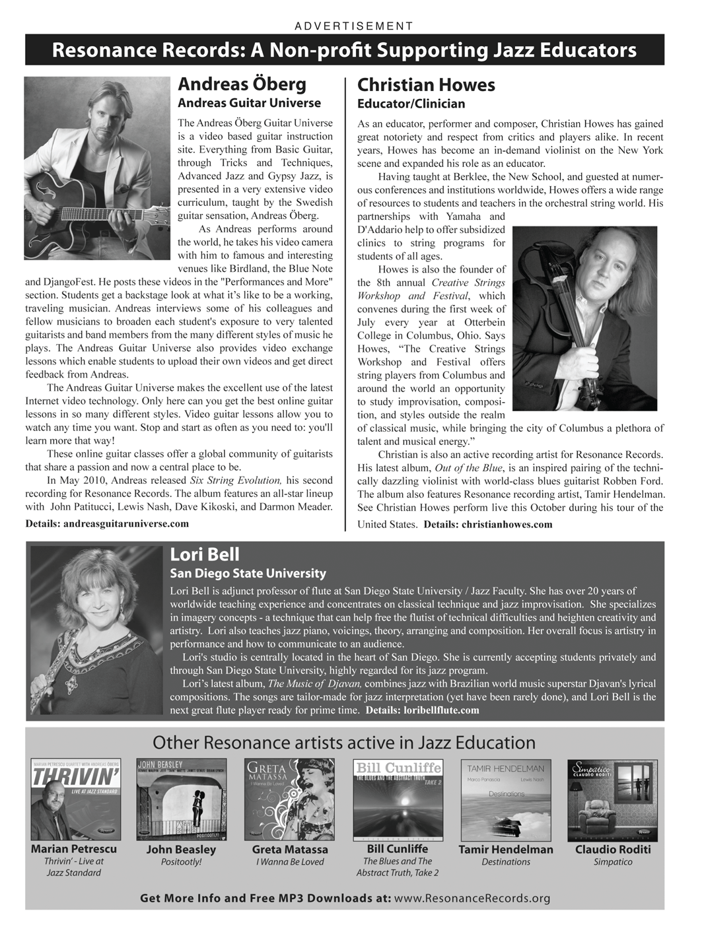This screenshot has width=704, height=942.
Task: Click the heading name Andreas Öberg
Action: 242,84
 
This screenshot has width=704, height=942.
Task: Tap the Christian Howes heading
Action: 426,85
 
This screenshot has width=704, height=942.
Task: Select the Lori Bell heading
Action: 205,555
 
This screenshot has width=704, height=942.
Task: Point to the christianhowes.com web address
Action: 507,525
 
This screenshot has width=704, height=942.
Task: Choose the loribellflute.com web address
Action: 440,710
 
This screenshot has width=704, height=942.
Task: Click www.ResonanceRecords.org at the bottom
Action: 472,898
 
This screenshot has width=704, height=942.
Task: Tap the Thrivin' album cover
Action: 76,799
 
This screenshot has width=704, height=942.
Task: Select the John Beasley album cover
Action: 181,799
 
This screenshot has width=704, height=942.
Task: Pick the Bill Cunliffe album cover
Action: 398,799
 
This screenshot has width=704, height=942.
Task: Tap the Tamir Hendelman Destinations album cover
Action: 506,799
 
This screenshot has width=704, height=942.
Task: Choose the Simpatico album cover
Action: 612,799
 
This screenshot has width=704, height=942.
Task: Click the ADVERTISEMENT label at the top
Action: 353,26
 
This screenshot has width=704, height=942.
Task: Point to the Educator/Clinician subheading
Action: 411,104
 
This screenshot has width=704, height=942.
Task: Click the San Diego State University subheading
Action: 248,574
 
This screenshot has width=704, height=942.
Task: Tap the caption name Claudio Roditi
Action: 613,850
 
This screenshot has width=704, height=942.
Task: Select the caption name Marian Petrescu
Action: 74,849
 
